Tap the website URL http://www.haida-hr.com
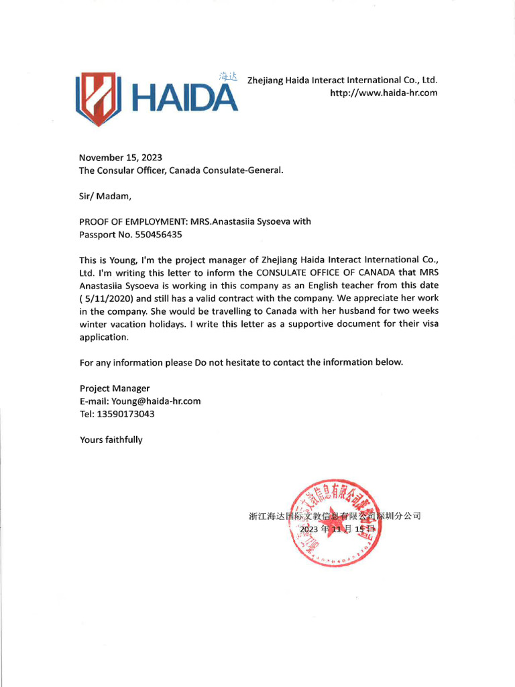(x=384, y=93)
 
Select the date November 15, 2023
(x=121, y=158)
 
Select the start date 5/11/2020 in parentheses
(x=107, y=299)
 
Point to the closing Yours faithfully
(x=111, y=440)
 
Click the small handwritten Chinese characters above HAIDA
(x=229, y=77)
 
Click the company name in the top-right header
(x=342, y=80)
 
